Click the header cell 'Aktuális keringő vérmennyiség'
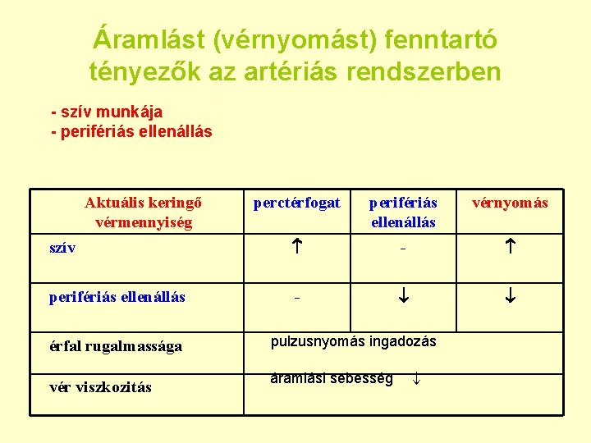click(144, 212)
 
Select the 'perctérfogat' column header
click(297, 203)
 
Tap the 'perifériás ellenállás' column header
click(403, 212)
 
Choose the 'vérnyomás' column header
click(510, 203)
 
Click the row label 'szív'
click(62, 248)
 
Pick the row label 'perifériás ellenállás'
click(117, 296)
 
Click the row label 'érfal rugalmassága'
click(116, 346)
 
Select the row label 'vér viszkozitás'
click(100, 387)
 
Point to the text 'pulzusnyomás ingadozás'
click(354, 341)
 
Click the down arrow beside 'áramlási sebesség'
click(416, 379)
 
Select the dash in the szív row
click(403, 249)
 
